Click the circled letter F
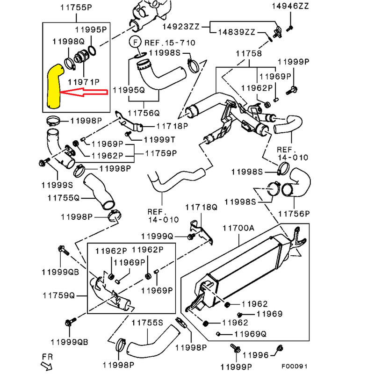point(136,42)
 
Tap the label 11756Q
point(144,113)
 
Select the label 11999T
point(159,139)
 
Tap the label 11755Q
point(63,197)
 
